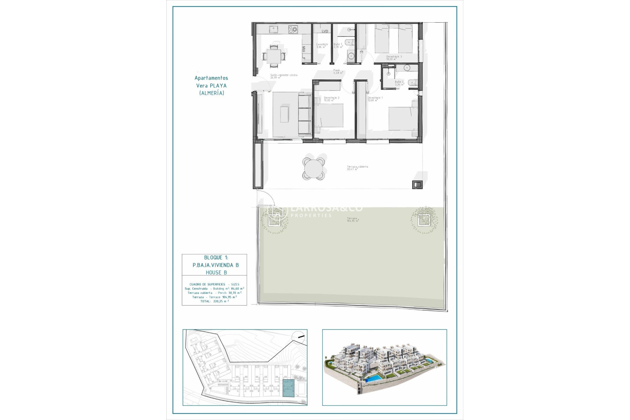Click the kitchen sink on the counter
click(x=273, y=30)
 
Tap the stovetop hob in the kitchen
click(x=293, y=30)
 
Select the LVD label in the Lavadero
click(x=325, y=31)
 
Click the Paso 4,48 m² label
click(x=338, y=72)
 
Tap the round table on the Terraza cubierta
click(x=313, y=169)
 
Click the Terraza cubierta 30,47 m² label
click(x=357, y=168)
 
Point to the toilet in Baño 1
click(x=350, y=42)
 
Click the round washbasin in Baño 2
click(x=407, y=68)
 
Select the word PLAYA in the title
click(x=218, y=86)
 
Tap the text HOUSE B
click(x=216, y=272)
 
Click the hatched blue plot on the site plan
click(x=288, y=388)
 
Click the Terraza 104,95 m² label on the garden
click(x=352, y=220)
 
